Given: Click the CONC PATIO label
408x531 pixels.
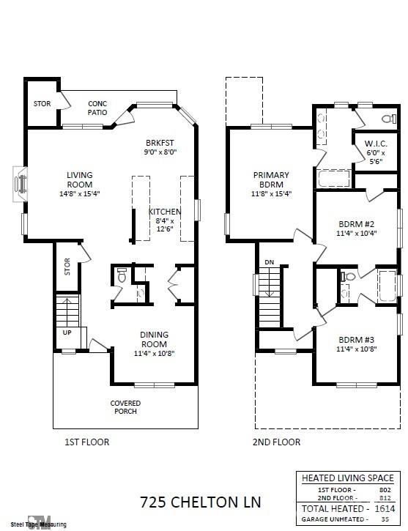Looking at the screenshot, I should (x=97, y=108).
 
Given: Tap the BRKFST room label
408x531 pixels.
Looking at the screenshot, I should (x=160, y=143).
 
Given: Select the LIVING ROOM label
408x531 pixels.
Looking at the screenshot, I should (x=80, y=179).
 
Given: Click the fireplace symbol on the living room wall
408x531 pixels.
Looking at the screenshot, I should (x=21, y=181).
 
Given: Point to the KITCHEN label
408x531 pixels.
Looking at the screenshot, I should (x=164, y=212).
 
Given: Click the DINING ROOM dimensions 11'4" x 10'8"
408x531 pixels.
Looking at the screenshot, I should (x=154, y=353).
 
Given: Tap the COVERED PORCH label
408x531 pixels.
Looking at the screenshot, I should (x=125, y=408).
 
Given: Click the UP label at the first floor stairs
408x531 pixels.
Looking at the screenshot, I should (x=67, y=332).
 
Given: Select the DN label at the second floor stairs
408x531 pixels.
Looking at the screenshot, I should (x=269, y=261).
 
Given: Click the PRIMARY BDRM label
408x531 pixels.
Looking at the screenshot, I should (x=271, y=179).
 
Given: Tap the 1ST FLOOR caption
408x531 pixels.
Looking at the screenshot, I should (x=87, y=442).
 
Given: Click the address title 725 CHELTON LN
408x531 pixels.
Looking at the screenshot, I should (x=200, y=502).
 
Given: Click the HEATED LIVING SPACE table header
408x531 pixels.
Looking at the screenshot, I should (x=347, y=478).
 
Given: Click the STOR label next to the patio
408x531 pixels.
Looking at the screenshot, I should (x=42, y=104).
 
